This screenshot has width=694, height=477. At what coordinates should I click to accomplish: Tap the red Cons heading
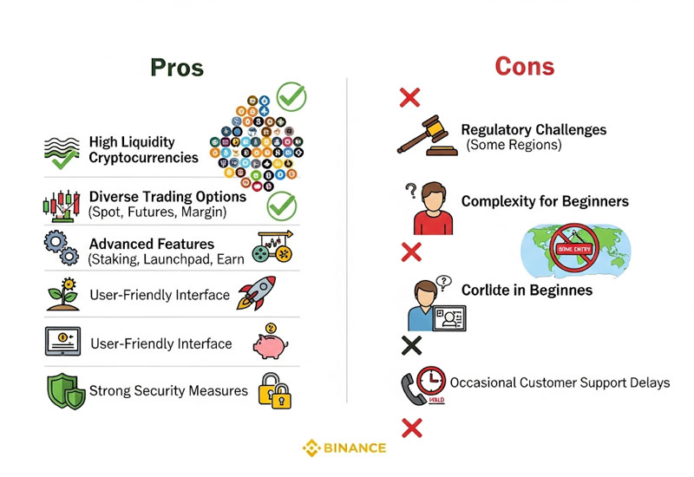pos(524,67)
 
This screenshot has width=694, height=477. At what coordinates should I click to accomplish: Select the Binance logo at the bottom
pos(344,448)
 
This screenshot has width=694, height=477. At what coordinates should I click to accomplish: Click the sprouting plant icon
pos(62,295)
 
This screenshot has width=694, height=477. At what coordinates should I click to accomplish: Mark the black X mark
pos(412,345)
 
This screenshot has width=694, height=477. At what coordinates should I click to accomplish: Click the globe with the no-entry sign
pos(575,246)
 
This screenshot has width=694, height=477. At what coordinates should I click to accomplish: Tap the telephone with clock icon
pos(423,386)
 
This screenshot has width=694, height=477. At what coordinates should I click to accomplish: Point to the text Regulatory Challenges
pos(534,130)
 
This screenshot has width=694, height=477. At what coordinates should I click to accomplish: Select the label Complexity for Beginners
pos(545,202)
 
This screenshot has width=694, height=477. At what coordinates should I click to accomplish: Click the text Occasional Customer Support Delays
pos(560,382)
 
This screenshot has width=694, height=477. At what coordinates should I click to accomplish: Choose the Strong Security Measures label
pos(169,391)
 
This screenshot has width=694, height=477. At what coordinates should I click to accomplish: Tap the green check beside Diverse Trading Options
pos(281,206)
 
